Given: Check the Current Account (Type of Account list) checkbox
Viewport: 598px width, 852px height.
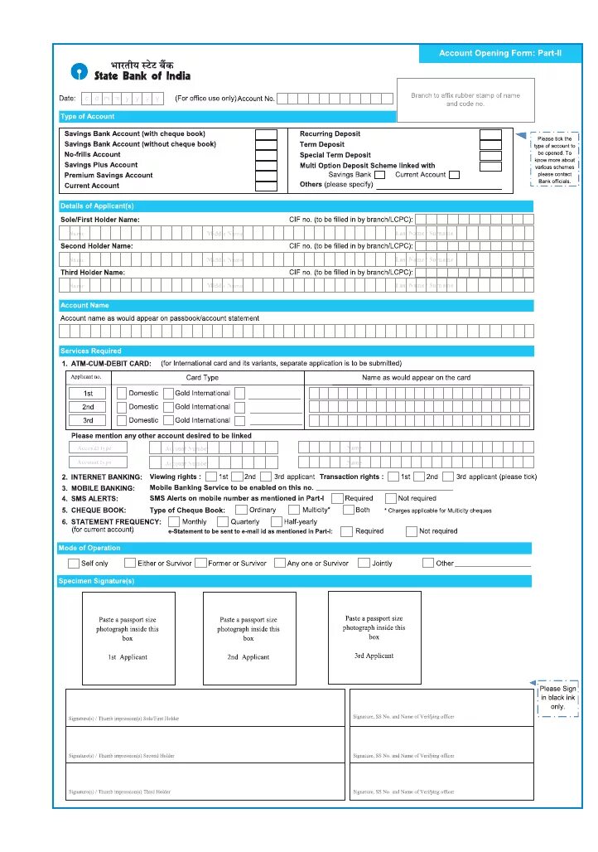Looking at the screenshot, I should coord(266,186).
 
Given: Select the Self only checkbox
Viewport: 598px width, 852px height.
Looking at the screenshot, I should coord(74,564).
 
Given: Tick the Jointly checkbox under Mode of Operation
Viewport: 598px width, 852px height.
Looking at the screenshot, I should coord(364,564).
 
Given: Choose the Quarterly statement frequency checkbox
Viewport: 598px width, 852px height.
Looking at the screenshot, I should coord(223,522).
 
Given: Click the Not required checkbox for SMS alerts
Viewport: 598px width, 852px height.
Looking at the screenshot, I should coord(390,499).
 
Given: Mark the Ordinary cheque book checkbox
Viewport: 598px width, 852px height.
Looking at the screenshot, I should coord(241,511).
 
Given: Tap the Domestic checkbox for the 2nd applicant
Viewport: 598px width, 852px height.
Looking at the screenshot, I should coord(121,407).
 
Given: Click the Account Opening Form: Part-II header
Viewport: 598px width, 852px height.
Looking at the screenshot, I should coord(499,53).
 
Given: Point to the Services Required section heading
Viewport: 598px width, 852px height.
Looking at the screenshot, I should coord(91,351).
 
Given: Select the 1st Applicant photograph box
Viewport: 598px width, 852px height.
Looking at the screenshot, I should coord(128,638).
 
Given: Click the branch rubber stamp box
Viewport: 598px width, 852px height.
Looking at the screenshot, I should coord(465,99).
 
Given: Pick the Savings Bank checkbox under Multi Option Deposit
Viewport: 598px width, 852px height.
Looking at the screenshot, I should coord(379,175).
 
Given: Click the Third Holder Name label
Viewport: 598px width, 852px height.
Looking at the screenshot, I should coord(93,273).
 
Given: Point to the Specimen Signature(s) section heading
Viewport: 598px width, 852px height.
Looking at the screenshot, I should coord(97,582).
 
